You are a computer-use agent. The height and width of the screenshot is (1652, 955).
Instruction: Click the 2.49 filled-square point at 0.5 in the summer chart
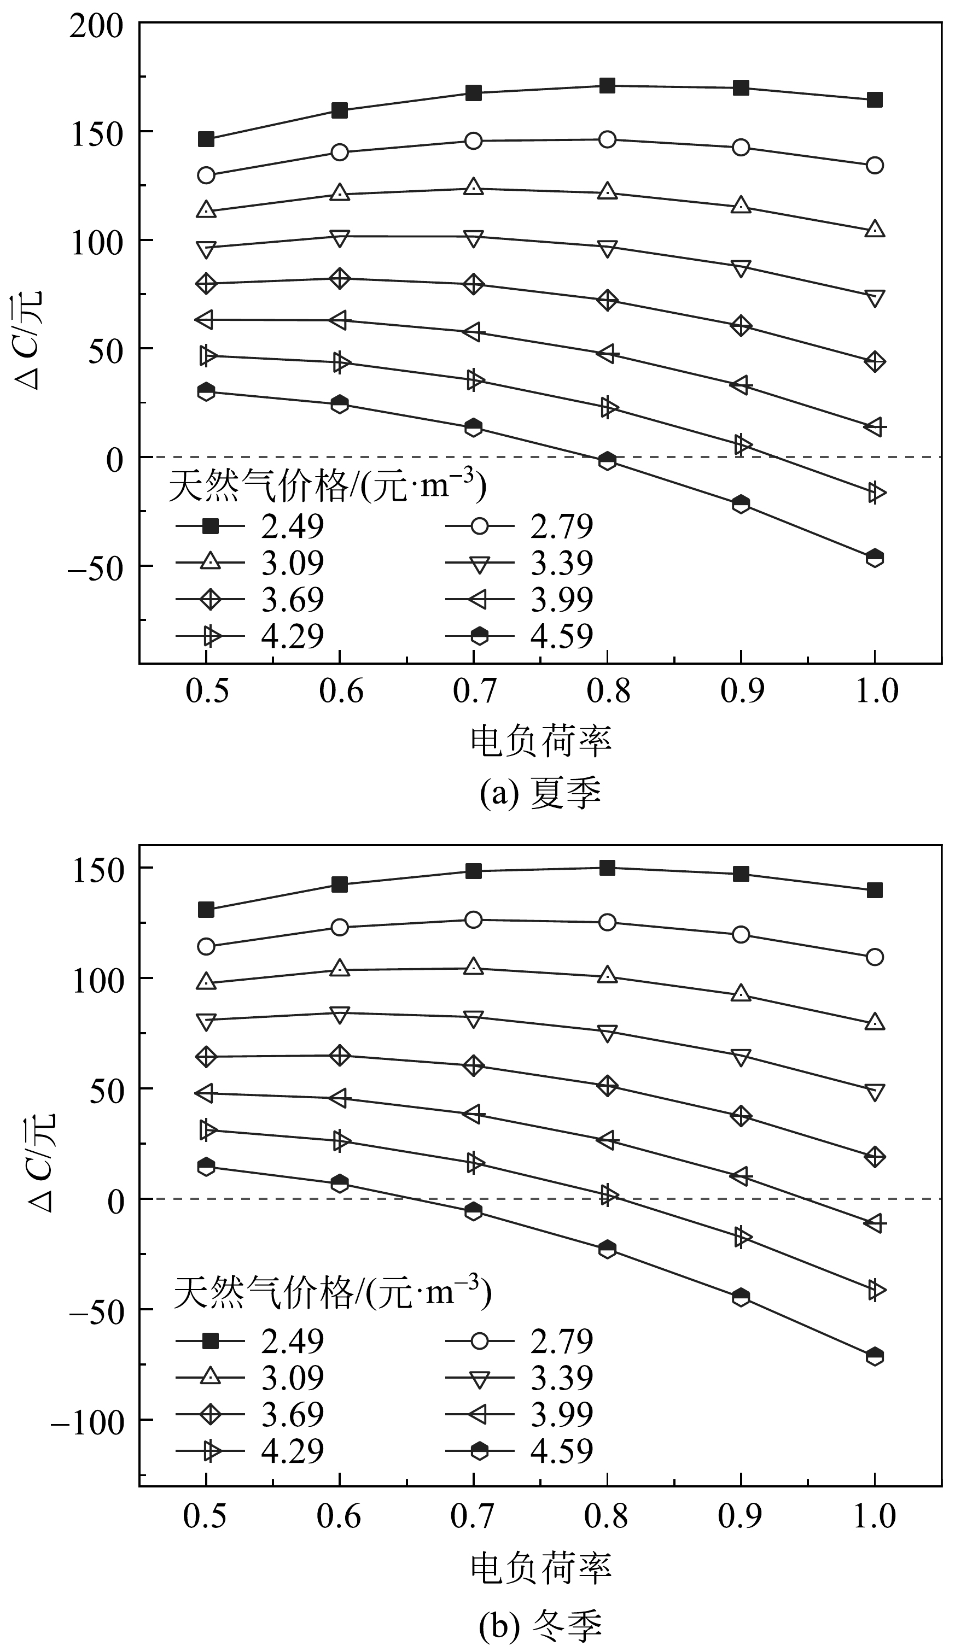click(206, 139)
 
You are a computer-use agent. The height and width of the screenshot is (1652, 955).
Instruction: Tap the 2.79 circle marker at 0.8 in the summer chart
click(607, 139)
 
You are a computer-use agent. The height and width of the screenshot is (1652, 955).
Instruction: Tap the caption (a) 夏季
click(540, 794)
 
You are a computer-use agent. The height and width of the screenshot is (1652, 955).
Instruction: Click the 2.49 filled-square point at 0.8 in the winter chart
click(607, 868)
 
